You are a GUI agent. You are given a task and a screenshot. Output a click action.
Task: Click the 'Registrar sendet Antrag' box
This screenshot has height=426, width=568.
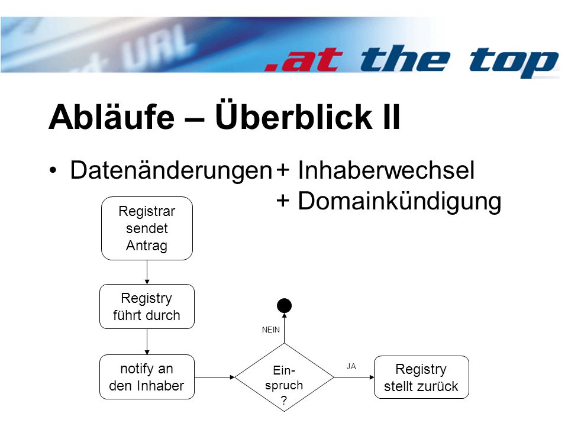point(147,228)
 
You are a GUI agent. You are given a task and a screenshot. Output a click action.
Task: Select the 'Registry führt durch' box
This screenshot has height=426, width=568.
point(147,306)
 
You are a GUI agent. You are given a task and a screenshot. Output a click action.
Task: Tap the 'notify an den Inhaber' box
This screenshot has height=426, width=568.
point(147,377)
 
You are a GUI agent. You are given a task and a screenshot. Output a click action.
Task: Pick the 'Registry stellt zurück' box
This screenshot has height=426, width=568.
point(421,377)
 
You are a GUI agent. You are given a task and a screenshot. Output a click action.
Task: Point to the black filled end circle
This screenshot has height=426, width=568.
point(285,306)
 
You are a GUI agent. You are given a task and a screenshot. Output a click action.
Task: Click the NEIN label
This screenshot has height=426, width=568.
point(271,330)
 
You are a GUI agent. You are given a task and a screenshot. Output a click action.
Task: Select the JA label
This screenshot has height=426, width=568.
point(351,366)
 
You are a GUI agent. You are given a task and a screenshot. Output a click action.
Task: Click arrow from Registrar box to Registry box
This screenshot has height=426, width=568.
point(147,272)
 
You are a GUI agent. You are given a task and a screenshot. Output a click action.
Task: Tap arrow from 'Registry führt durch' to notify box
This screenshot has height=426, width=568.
point(147,341)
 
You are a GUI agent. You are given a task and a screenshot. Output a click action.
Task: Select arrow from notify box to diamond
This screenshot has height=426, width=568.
point(214,377)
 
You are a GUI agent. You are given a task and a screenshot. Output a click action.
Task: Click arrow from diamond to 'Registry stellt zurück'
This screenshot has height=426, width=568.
point(354,377)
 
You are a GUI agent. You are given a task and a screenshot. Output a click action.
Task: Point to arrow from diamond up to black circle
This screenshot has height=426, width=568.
point(285,328)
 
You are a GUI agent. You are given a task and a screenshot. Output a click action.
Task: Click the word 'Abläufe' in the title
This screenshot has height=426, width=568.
point(112,117)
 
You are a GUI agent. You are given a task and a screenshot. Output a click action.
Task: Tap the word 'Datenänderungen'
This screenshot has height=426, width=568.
point(171,170)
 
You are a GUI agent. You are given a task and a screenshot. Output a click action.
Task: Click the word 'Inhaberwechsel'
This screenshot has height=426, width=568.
point(386,170)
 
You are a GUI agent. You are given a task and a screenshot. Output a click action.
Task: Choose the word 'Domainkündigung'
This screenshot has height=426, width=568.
point(399,201)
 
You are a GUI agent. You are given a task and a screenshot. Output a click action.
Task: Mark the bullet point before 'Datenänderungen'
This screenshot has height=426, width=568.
point(53,170)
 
